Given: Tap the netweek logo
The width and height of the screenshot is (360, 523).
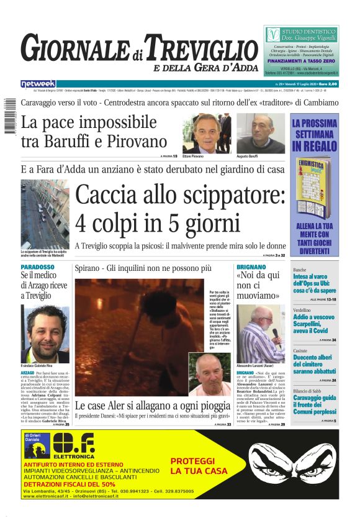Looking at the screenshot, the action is point(38,83).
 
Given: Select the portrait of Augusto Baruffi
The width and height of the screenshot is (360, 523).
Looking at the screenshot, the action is point(259,133).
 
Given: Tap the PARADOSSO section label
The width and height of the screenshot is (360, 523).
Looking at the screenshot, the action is point(37,267).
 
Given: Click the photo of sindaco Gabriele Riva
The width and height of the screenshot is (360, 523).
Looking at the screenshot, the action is point(45,334).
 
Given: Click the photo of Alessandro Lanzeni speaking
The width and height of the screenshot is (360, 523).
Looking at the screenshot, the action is point(261,334).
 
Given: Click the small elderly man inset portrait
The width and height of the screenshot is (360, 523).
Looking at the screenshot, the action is point(209,374).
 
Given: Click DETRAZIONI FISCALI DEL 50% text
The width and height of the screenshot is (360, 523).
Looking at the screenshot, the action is point(70,484).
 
